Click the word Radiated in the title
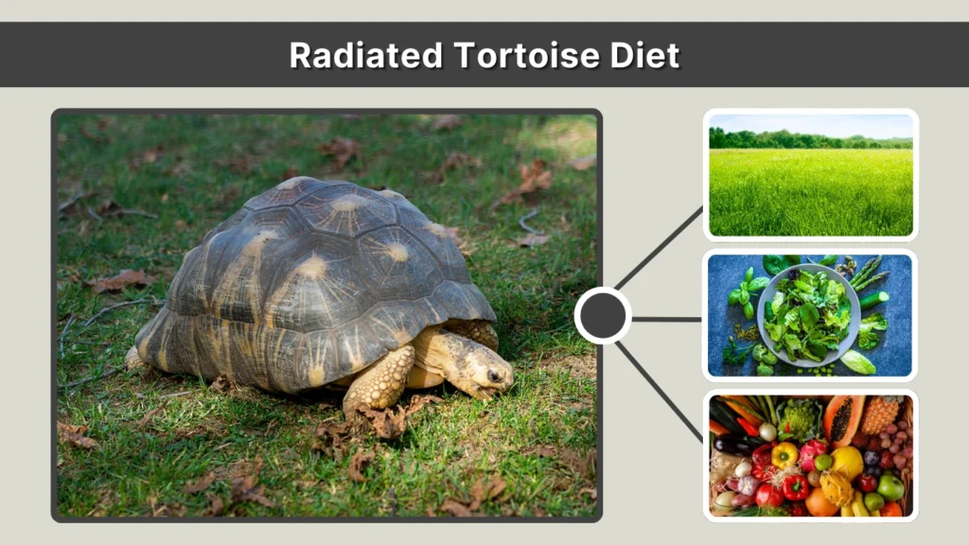coord(366,55)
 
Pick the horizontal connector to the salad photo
coord(666,319)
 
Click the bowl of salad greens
coord(807,315)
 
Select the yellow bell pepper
coord(785,456)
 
